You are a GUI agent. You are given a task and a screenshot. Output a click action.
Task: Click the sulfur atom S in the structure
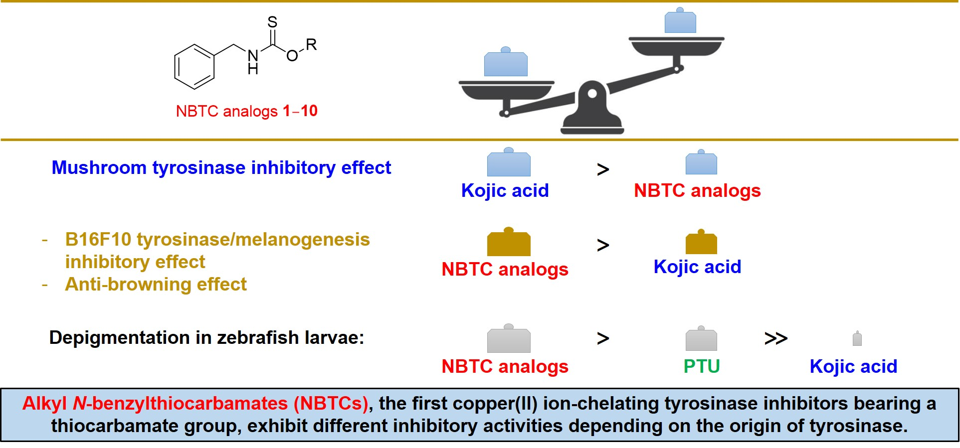coord(272,22)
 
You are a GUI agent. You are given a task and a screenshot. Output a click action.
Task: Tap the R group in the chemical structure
coord(311,45)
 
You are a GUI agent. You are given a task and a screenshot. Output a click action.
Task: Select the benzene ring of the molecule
coord(194,67)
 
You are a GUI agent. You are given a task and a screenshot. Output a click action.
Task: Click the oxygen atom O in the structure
coord(292,56)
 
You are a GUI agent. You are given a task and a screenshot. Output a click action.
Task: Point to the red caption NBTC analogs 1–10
coord(246,111)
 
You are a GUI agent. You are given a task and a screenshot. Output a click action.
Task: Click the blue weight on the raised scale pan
coord(680,21)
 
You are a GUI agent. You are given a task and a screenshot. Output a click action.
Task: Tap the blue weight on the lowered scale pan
coord(506,64)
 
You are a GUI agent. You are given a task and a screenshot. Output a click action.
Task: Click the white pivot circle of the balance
coord(592,94)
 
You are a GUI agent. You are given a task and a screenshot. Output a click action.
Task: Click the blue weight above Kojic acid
coord(508,163)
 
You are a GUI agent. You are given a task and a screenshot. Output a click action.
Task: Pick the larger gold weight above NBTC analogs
coord(508,243)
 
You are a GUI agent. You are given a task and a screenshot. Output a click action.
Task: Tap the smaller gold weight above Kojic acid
coord(701,243)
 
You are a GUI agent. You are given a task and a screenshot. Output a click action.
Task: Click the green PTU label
coord(701,366)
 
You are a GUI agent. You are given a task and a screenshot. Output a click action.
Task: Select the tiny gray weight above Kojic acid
coord(857,339)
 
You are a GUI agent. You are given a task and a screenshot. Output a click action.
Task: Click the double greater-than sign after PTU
coord(775,339)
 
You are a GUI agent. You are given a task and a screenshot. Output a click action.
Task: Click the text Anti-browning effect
coord(156,285)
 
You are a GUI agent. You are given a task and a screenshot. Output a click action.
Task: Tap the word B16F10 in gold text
coord(98,240)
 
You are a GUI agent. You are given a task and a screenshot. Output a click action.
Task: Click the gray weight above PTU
coord(701,339)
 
